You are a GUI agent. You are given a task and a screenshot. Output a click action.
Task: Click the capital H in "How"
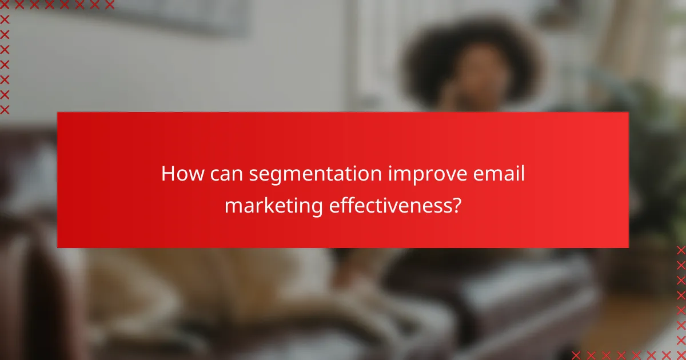point(167,173)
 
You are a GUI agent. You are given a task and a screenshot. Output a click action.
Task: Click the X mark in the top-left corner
point(5,5)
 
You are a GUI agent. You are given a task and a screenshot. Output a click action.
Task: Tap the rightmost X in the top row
point(110,5)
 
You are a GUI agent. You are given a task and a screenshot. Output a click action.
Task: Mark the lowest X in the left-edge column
point(5,109)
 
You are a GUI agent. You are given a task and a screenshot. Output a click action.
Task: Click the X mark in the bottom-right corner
point(681,355)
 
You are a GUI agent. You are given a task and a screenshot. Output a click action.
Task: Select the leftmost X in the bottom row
point(576,355)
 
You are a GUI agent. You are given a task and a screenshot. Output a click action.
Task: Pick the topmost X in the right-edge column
point(681,250)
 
